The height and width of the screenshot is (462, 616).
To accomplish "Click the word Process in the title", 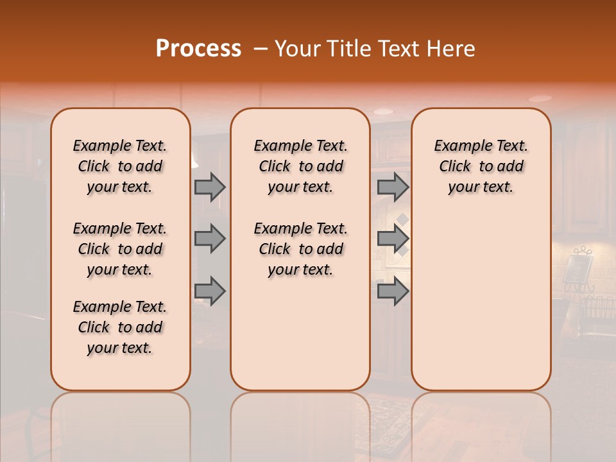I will click(x=198, y=49).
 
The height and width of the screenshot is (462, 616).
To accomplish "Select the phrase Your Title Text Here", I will click(x=375, y=49).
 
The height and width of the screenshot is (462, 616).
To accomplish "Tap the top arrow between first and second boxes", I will click(x=210, y=187).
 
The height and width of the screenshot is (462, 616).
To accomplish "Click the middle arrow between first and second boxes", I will click(x=210, y=239).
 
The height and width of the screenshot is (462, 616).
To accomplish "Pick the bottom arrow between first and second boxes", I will click(x=210, y=292).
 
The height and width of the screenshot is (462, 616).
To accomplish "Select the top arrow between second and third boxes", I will click(x=393, y=187).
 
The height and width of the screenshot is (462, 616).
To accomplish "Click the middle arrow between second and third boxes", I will click(x=393, y=239).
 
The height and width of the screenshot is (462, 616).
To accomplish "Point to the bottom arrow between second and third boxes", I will click(x=393, y=292).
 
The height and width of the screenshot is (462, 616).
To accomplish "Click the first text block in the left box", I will click(x=120, y=166).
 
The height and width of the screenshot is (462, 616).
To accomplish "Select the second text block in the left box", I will click(x=120, y=249).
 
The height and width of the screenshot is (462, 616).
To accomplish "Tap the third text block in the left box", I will click(x=120, y=327).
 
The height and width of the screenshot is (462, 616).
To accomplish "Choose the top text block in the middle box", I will click(x=301, y=166).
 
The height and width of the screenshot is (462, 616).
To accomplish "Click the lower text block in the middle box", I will click(x=301, y=249).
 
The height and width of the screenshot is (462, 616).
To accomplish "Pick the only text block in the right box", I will click(x=481, y=166).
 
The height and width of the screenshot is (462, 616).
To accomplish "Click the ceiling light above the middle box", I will click(x=383, y=111).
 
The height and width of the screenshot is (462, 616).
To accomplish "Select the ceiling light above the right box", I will click(x=540, y=98).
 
